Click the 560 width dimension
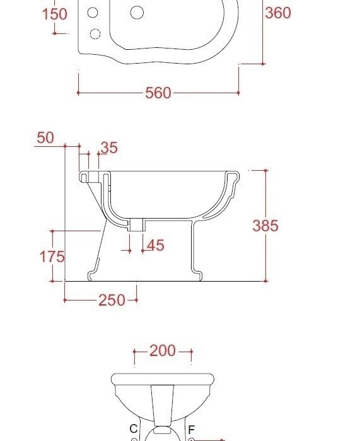point(158,93)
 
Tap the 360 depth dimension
point(278,13)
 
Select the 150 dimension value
point(55,14)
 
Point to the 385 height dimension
point(265,226)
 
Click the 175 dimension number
point(52,257)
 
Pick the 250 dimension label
point(112,300)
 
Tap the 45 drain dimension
point(155,245)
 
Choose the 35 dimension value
point(109,147)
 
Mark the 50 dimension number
point(45,138)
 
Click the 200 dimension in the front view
point(163,351)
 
